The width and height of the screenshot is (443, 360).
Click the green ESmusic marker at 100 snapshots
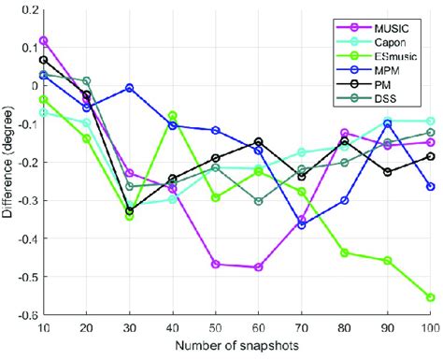pyautogui.click(x=430, y=297)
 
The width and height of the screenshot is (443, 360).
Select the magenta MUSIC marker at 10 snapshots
pyautogui.click(x=44, y=40)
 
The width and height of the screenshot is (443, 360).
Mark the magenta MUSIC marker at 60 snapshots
pyautogui.click(x=258, y=267)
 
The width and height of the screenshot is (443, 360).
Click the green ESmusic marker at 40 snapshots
pyautogui.click(x=173, y=115)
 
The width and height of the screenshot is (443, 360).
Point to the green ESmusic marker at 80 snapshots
pyautogui.click(x=344, y=252)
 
